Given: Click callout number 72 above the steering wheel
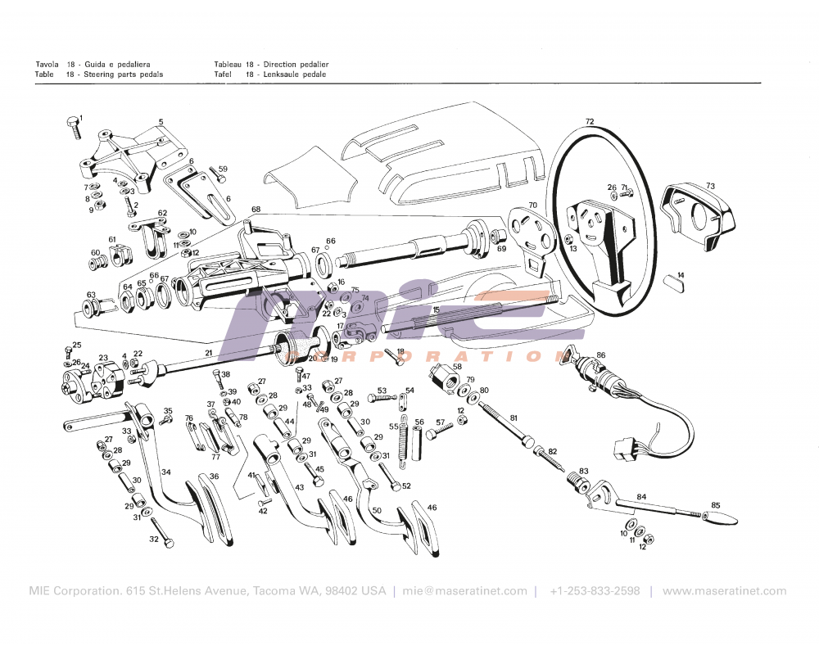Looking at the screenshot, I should point(590,121).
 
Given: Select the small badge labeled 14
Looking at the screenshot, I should point(674,282).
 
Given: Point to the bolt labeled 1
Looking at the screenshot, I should point(72,127).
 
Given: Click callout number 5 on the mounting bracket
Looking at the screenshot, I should point(161,122).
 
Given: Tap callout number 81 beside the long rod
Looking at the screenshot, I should point(514,418).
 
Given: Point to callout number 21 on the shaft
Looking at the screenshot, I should point(209,353).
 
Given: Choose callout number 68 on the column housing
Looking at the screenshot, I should point(256,210).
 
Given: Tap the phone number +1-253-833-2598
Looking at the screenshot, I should point(595,591).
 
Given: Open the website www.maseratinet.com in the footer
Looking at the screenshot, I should point(724,591).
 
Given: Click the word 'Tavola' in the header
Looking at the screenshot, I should point(47,64).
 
